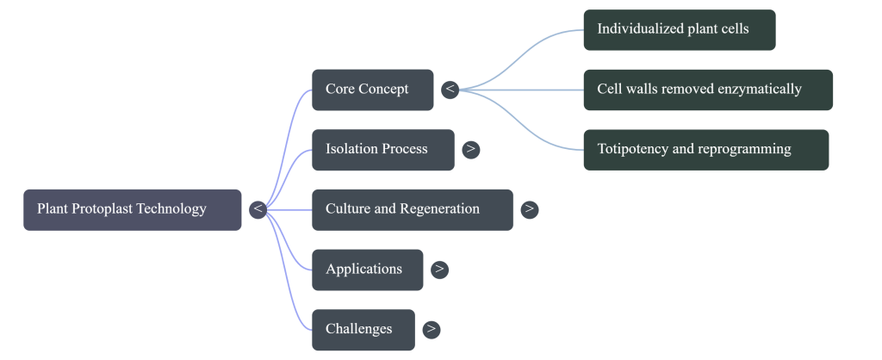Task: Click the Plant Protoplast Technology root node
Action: pos(132,209)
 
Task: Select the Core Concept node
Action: pos(372,90)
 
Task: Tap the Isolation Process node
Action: pos(382,149)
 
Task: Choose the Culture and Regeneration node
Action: pos(412,209)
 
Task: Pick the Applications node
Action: pos(367,270)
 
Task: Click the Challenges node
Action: pos(363,329)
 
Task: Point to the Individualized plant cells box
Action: pos(679,29)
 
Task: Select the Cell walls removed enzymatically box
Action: pos(707,90)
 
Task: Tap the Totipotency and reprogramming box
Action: pos(705,149)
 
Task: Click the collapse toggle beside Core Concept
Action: pos(450,90)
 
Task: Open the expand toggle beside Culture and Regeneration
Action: pos(530,209)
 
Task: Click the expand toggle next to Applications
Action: pos(439,270)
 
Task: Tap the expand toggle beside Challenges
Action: pos(432,329)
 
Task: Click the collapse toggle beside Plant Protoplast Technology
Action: pos(258,209)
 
